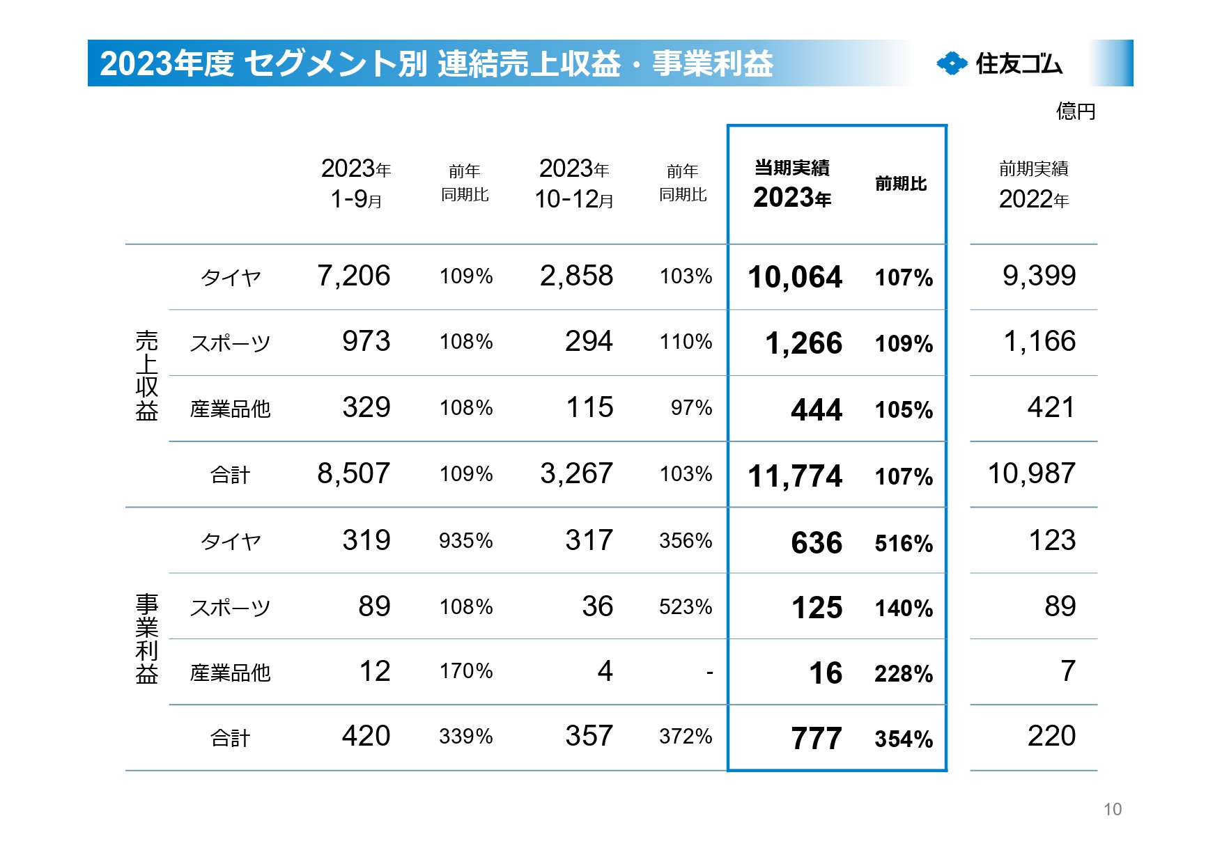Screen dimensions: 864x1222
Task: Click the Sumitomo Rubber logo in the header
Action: coord(999,63)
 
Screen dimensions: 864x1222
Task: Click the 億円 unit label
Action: coord(1075,111)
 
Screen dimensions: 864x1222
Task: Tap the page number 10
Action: coord(1112,809)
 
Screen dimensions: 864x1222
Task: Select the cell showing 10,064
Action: coord(794,277)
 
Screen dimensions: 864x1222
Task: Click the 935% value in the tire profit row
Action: coord(465,541)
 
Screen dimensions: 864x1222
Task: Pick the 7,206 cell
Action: coord(353,276)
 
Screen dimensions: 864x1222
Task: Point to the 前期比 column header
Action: coord(900,184)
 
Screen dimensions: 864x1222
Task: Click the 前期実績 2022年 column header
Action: coord(1033,184)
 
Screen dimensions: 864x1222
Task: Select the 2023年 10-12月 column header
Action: coord(574,184)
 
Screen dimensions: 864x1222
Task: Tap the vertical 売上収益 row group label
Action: coord(146,376)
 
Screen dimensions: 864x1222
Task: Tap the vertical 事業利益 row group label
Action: coord(146,638)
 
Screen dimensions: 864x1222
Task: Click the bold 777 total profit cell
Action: coord(816,739)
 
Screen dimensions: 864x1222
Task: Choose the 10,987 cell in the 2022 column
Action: coord(1031,473)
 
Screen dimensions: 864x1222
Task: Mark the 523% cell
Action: coord(686,607)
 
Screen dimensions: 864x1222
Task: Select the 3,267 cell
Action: coord(576,473)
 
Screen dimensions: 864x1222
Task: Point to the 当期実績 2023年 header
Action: coord(792,184)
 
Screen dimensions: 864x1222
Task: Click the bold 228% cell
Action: coord(903,674)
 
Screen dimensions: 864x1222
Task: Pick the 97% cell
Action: coord(691,408)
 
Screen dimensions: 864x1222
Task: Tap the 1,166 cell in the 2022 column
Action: coord(1039,341)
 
